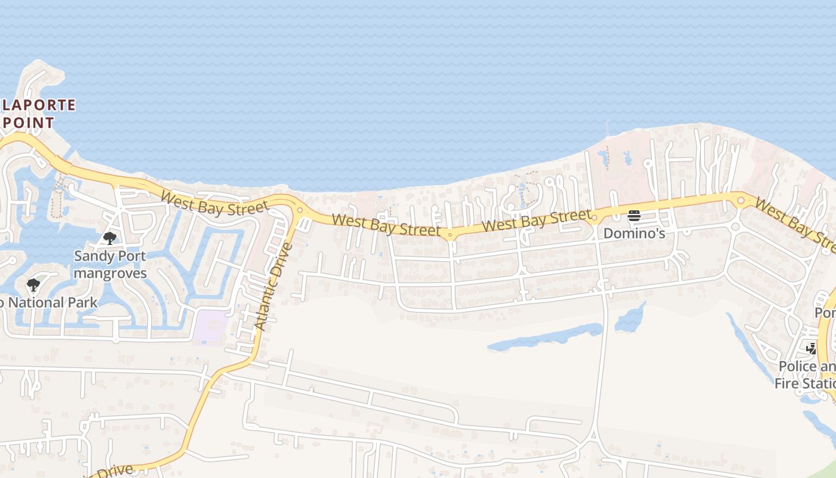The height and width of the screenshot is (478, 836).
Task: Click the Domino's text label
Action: pos(634,233)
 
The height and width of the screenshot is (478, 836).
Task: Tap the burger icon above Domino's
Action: pos(634,216)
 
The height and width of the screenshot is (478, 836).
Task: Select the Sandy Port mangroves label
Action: pos(110,265)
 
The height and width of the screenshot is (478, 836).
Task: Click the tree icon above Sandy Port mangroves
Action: pos(110,238)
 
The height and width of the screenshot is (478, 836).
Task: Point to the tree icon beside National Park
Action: pos(33,285)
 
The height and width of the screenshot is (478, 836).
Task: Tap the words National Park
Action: pos(53,302)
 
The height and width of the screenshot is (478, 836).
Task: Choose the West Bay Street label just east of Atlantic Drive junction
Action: pos(386,225)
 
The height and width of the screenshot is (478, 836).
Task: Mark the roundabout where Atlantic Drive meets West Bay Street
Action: pos(300,210)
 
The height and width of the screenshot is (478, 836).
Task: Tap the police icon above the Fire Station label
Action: pos(811,348)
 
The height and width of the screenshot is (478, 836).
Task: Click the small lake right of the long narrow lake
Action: pos(629,318)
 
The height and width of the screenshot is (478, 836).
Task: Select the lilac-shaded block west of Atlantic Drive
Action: pos(210,326)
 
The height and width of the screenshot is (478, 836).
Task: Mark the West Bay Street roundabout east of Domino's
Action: pos(740,200)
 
